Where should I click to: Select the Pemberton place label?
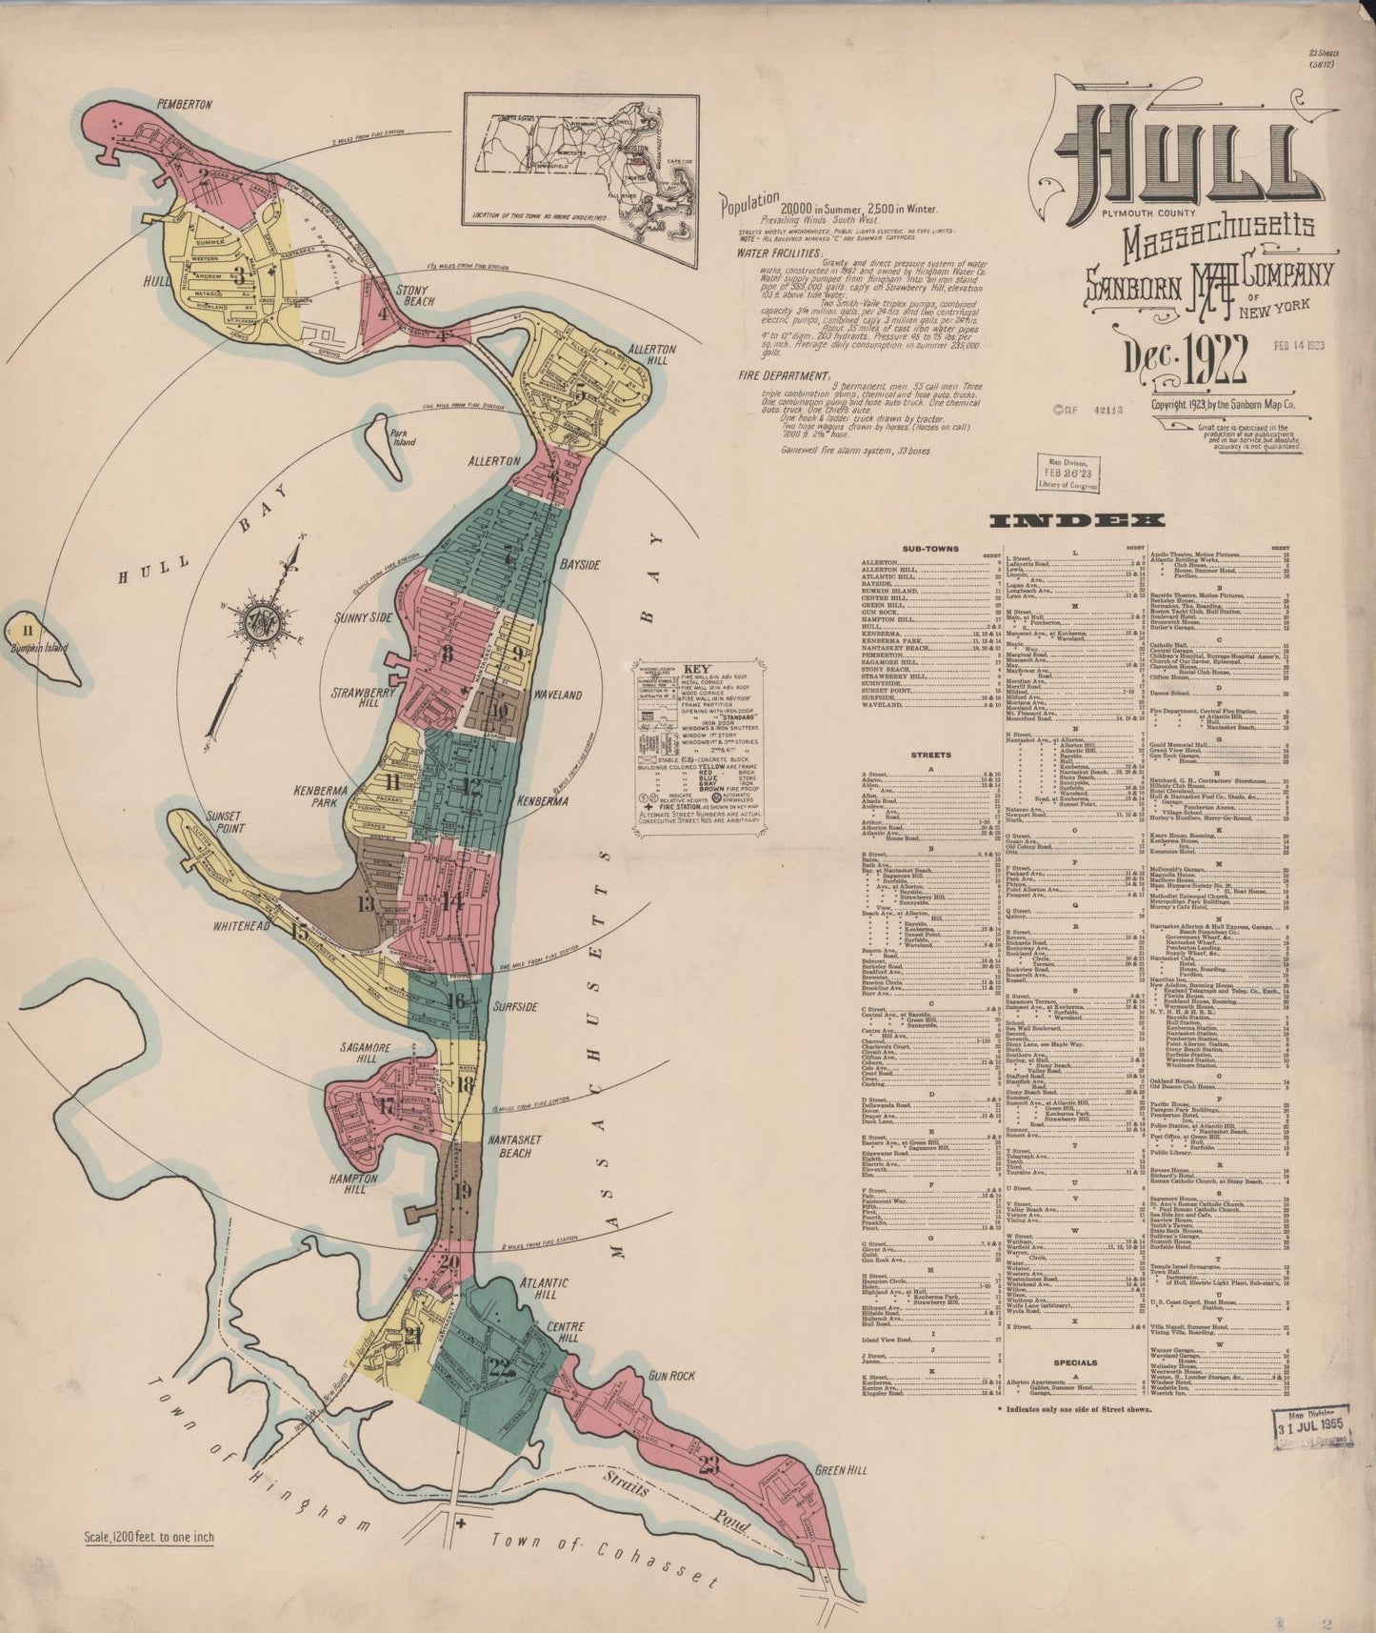(x=185, y=104)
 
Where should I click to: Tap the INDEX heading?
(x=1077, y=520)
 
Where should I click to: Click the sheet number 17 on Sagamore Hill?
(x=387, y=1106)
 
